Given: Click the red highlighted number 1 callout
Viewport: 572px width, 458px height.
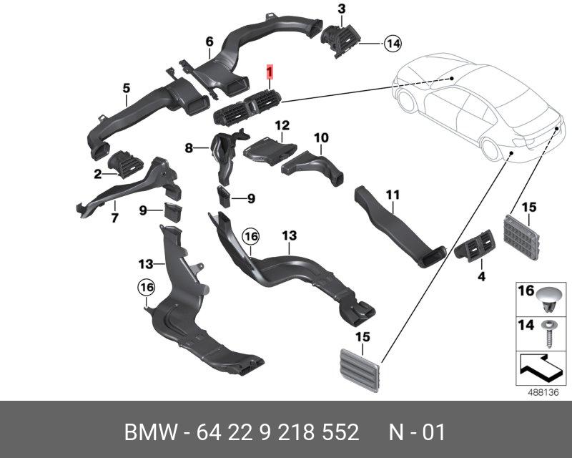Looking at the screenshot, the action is (x=270, y=72).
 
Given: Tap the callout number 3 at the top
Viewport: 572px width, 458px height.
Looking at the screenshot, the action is (x=341, y=9).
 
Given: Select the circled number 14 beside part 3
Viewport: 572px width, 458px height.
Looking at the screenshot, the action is (x=392, y=44).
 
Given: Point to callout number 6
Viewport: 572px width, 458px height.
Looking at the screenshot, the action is (x=209, y=42).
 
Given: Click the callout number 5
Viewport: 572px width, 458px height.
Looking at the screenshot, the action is (x=126, y=88).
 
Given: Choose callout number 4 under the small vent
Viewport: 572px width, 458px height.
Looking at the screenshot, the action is (x=481, y=276).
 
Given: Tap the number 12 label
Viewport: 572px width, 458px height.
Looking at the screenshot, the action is (x=281, y=125).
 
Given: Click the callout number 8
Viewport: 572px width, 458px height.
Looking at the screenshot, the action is (x=189, y=149).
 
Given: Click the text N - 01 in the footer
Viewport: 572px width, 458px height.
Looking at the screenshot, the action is (x=417, y=432).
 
